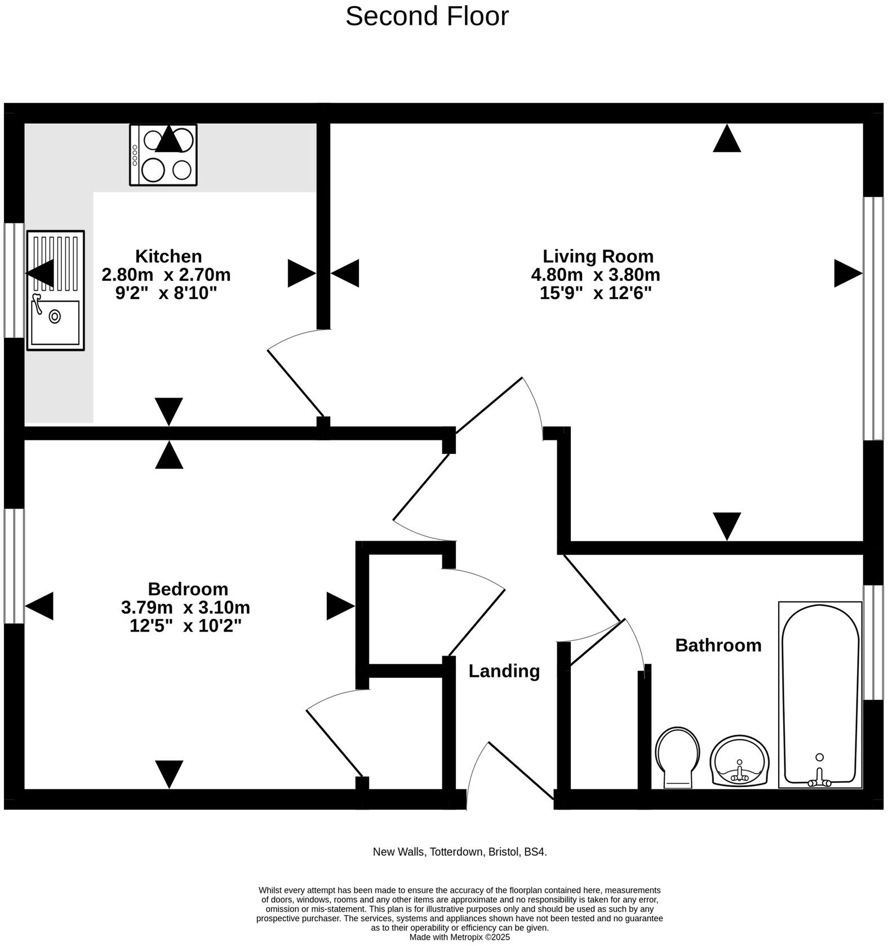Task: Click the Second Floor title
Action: (x=427, y=16)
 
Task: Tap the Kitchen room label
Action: (x=168, y=256)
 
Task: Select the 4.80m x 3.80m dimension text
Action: (x=596, y=275)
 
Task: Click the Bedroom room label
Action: (x=188, y=589)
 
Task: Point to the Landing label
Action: (x=504, y=671)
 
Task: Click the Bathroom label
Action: (x=718, y=645)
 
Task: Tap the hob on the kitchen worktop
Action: (x=163, y=155)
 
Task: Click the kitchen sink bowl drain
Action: (x=55, y=316)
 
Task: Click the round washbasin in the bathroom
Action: (x=739, y=760)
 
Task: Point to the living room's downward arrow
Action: (x=727, y=525)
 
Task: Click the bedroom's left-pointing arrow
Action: (x=39, y=606)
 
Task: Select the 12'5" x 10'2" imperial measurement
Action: (x=185, y=626)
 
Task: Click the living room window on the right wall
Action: (x=873, y=318)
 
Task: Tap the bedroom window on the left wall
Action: (x=14, y=566)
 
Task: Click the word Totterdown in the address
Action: (x=456, y=852)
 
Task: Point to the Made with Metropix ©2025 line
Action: (x=459, y=938)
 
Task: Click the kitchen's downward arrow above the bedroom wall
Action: (x=168, y=410)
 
